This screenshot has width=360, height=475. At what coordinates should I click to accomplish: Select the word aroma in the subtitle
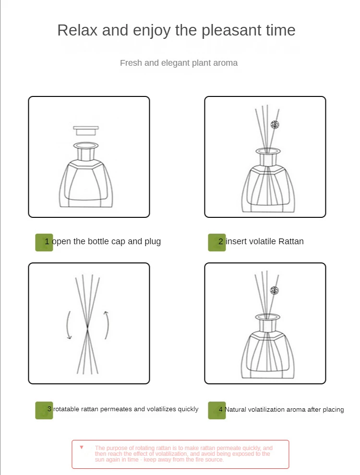[226, 63]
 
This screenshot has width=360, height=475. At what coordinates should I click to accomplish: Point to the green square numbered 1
[44, 242]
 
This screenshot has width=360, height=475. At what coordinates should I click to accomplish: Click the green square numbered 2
[216, 242]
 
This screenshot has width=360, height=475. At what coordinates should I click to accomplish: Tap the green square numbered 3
[44, 410]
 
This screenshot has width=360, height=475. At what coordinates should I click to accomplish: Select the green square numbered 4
[216, 410]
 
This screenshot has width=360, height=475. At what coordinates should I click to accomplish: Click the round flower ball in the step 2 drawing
[275, 124]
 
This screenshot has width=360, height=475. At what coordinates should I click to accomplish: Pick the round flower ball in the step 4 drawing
[274, 290]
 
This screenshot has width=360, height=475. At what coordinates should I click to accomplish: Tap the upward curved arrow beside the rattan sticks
[107, 325]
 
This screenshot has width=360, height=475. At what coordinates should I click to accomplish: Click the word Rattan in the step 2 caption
[291, 241]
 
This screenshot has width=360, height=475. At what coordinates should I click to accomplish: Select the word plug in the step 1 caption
[153, 242]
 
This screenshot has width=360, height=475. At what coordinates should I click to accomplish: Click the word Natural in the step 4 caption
[235, 410]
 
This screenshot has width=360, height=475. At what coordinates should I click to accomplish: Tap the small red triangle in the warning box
[82, 447]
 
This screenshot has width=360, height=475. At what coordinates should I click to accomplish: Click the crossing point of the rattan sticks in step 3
[87, 327]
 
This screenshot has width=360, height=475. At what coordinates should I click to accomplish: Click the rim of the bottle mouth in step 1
[86, 146]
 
